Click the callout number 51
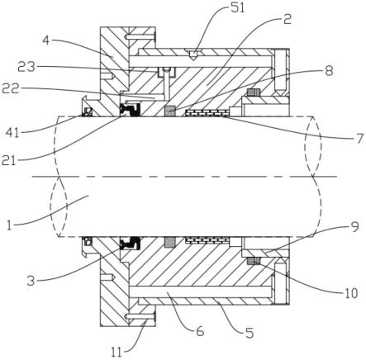pos(238,8)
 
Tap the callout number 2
pos(288,20)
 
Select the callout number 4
pos(46,40)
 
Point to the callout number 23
pos(26,66)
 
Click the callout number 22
pos(11,88)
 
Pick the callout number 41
pos(13,133)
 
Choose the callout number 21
pos(8,160)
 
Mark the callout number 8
pos(329,70)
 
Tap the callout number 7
pos(359,140)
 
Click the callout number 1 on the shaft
pos(9,225)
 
